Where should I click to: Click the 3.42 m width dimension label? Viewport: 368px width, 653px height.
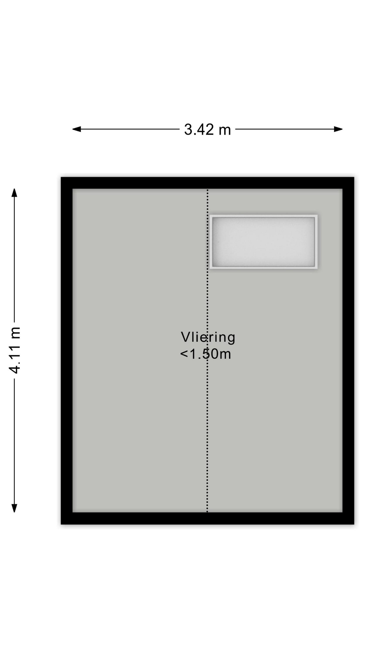click(207, 130)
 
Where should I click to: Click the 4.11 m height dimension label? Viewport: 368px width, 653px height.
click(14, 350)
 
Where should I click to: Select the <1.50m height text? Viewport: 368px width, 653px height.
click(205, 354)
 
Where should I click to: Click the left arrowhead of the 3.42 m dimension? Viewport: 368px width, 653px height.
click(77, 129)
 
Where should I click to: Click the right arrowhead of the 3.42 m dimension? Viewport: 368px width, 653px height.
click(338, 129)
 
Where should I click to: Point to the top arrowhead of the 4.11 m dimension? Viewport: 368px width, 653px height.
click(14, 193)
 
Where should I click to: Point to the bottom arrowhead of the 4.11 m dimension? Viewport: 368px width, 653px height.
click(14, 508)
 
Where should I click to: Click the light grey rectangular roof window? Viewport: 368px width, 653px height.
click(263, 242)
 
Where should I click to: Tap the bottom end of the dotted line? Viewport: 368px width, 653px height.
click(207, 511)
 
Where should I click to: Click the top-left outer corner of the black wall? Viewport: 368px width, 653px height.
click(61, 177)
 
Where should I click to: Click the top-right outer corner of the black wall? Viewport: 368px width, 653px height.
click(354, 177)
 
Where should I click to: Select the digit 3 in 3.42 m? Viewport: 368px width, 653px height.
click(188, 130)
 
